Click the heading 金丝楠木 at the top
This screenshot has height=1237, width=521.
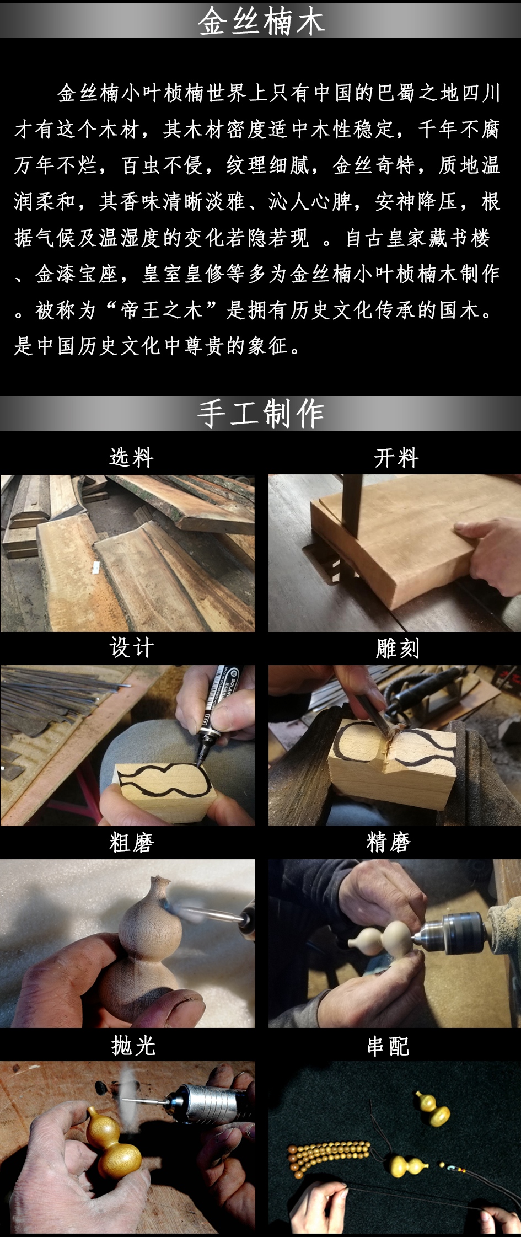tap(261, 22)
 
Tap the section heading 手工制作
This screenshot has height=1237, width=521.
tap(261, 414)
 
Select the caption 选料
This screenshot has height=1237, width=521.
tap(131, 457)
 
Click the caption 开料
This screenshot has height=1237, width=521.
tap(396, 458)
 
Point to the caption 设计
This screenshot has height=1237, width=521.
tap(131, 647)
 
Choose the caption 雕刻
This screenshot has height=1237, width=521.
tap(398, 648)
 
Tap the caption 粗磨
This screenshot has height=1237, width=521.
tap(131, 842)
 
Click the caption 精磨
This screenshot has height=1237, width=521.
tap(389, 842)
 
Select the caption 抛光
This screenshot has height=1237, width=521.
tap(133, 1045)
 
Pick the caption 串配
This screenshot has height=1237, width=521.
tap(389, 1046)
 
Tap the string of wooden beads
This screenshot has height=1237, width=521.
tap(330, 1155)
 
